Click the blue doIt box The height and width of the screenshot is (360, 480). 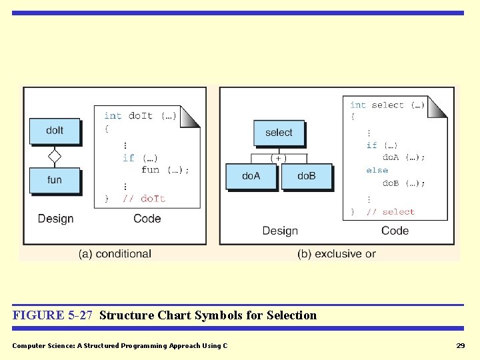(x=55, y=131)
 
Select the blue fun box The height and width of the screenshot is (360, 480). (x=55, y=180)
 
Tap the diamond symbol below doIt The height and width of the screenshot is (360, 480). (x=55, y=157)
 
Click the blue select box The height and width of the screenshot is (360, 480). (x=279, y=133)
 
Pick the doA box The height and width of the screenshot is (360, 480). (x=251, y=177)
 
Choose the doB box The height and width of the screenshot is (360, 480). (x=307, y=177)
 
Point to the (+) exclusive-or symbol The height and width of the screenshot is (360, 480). (x=279, y=158)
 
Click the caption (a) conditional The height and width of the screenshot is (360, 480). (x=115, y=254)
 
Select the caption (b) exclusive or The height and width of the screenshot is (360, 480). (x=336, y=254)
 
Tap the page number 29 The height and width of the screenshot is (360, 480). (x=460, y=345)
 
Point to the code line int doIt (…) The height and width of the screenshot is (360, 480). (x=140, y=116)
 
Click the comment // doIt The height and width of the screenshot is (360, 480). (x=144, y=199)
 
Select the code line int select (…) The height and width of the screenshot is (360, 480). (x=387, y=105)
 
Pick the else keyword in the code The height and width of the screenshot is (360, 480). (x=377, y=171)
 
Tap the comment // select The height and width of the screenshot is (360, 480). (x=391, y=212)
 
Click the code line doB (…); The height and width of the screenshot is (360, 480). (x=403, y=183)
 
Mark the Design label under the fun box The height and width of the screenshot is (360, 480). (x=56, y=219)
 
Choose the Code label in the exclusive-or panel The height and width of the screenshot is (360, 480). (x=395, y=231)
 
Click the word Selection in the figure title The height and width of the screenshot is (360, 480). (x=291, y=315)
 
